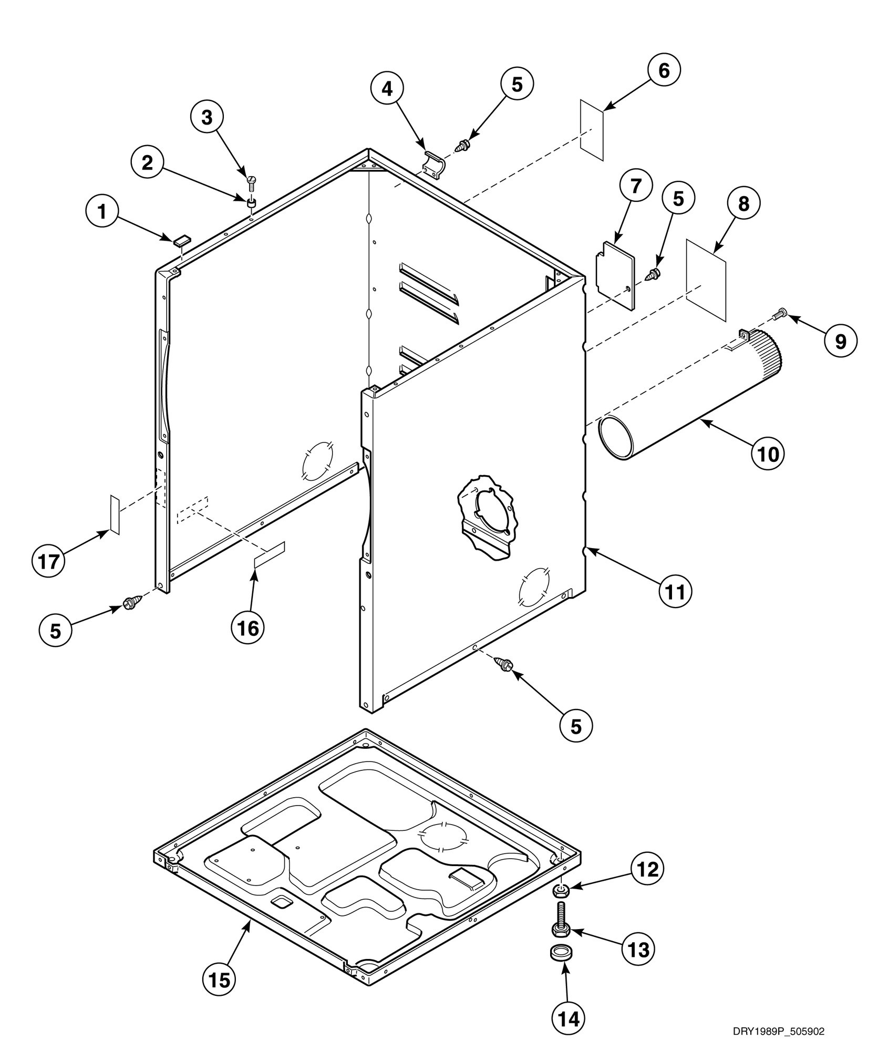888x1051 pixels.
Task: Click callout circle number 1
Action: click(102, 212)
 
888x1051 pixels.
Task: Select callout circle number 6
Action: click(664, 70)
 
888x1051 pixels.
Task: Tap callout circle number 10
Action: click(768, 453)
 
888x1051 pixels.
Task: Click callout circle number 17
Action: click(48, 562)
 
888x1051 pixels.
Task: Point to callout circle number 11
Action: click(676, 592)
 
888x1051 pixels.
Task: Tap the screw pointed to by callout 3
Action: click(251, 182)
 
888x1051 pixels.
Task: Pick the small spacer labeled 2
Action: click(252, 202)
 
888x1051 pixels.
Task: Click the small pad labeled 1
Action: click(181, 240)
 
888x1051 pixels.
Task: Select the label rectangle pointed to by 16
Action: click(270, 555)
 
